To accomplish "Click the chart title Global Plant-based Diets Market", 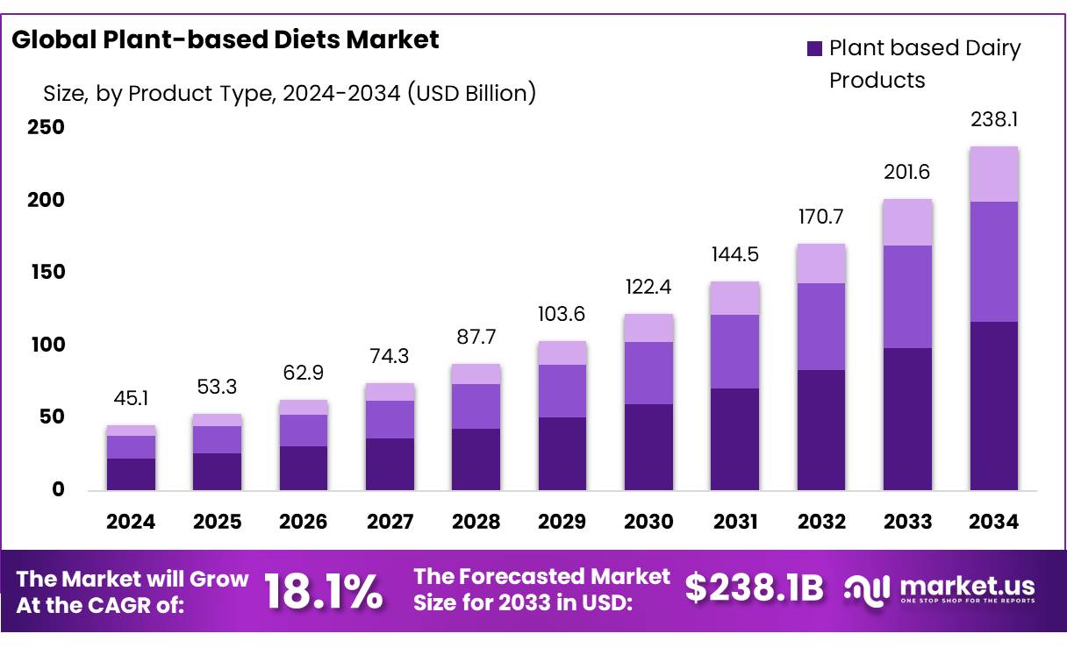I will tap(226, 39).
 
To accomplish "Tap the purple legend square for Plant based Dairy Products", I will tap(814, 49).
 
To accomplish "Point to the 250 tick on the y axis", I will tap(45, 127).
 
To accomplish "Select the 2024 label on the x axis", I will tap(131, 522).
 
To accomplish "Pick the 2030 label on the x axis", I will tap(648, 522).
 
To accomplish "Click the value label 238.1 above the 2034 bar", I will tap(993, 119).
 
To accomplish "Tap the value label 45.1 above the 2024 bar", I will tap(131, 399).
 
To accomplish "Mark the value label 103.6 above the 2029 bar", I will tap(562, 314).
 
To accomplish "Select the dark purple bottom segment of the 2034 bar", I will tap(993, 405).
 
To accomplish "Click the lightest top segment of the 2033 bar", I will tap(907, 223).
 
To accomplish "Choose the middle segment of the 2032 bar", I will tap(821, 326).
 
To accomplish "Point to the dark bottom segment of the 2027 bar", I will tap(390, 464).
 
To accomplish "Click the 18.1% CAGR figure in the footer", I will tap(324, 591).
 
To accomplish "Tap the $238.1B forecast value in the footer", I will tap(754, 588).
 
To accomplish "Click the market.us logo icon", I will tap(866, 589).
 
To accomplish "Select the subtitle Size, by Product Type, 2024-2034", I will tap(290, 93).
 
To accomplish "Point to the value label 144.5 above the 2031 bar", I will tap(734, 255).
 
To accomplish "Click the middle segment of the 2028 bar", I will tap(476, 406).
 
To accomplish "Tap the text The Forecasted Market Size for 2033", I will tap(541, 589).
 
